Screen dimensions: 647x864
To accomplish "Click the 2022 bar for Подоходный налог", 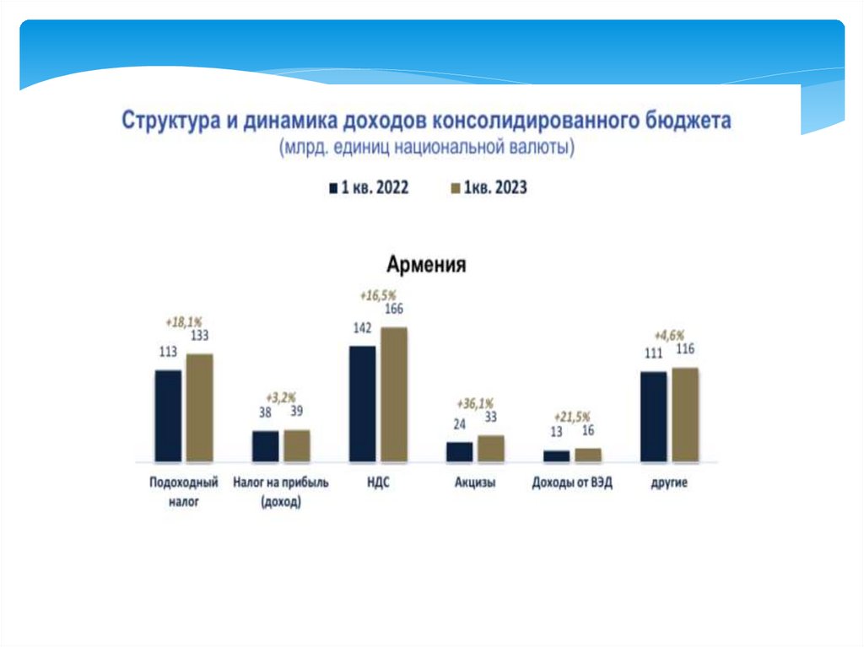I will tap(168, 416).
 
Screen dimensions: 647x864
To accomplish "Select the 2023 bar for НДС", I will tap(394, 394).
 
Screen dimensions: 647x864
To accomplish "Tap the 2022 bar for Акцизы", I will tap(460, 451).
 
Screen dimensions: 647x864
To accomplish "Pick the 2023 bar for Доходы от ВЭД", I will tap(588, 455).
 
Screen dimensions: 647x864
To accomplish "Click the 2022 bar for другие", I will tap(654, 416).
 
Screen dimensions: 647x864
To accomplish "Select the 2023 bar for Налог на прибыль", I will tap(297, 445).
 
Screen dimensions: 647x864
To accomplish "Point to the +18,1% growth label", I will tap(183, 321).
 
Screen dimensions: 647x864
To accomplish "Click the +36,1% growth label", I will tap(475, 402).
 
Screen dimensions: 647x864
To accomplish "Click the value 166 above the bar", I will tap(394, 310).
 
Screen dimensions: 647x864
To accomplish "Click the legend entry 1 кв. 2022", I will tap(369, 188).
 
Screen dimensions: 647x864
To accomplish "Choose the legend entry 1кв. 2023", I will tap(490, 188).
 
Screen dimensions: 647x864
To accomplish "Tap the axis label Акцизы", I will tap(475, 483).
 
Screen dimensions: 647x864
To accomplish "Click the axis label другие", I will tap(669, 483).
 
